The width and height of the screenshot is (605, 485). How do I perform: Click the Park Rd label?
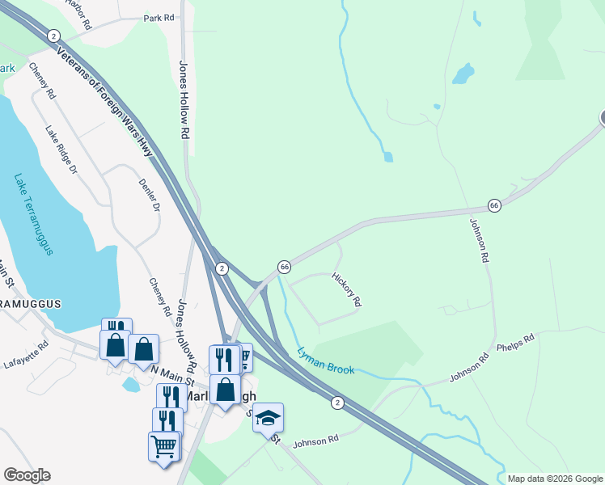click(159, 17)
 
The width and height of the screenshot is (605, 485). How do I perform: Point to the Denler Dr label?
click(148, 196)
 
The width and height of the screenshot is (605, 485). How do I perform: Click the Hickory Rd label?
click(346, 289)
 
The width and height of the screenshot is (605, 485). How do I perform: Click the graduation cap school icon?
click(269, 417)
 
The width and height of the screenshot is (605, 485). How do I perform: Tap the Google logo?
click(27, 475)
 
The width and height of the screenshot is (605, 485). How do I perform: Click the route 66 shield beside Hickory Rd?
click(285, 266)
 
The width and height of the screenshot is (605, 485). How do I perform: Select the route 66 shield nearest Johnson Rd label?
click(494, 205)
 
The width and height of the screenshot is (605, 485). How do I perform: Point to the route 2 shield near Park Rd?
click(53, 36)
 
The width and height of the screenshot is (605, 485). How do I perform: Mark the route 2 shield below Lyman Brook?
click(337, 402)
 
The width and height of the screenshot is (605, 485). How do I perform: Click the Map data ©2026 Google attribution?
click(555, 479)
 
